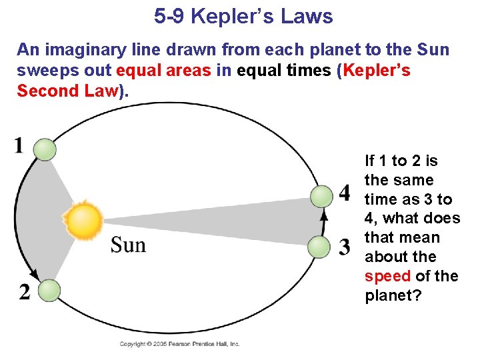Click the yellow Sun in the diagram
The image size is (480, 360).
[x=83, y=221]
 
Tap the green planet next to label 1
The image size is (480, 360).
[x=45, y=149]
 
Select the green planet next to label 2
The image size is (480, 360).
[x=49, y=291]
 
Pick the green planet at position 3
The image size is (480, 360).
[x=320, y=247]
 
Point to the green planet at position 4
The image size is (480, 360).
[x=321, y=196]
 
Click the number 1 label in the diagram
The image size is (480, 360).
[x=19, y=145]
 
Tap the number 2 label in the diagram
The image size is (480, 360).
[x=25, y=293]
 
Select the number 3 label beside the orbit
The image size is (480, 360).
[x=344, y=247]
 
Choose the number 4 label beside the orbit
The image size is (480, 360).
[x=344, y=193]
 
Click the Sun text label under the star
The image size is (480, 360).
[x=128, y=245]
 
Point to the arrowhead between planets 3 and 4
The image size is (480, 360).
[x=324, y=216]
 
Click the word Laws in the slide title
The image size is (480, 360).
[x=307, y=16]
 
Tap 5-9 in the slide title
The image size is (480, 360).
[x=169, y=16]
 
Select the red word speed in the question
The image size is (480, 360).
[x=387, y=276]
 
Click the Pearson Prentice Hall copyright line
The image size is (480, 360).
[x=179, y=344]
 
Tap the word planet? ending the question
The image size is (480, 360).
[x=393, y=295]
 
